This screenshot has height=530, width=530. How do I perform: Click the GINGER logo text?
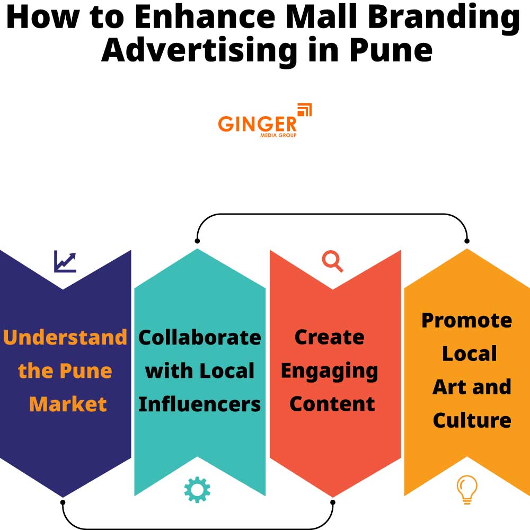point(257,123)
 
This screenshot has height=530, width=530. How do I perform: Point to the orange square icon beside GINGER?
point(305,110)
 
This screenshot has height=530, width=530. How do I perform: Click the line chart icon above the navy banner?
point(65,262)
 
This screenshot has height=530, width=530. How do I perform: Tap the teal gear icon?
point(197,490)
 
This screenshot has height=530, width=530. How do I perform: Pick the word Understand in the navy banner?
point(65,338)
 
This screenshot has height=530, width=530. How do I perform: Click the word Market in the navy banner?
point(68,404)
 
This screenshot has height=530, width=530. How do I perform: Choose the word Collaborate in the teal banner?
point(200,338)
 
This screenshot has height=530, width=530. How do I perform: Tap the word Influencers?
point(200,404)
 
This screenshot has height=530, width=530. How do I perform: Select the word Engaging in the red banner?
point(330,371)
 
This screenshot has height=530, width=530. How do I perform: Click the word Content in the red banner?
point(332,404)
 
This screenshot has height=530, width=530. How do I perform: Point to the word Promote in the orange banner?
point(467,321)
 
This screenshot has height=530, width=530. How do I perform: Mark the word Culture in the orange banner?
point(472,421)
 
